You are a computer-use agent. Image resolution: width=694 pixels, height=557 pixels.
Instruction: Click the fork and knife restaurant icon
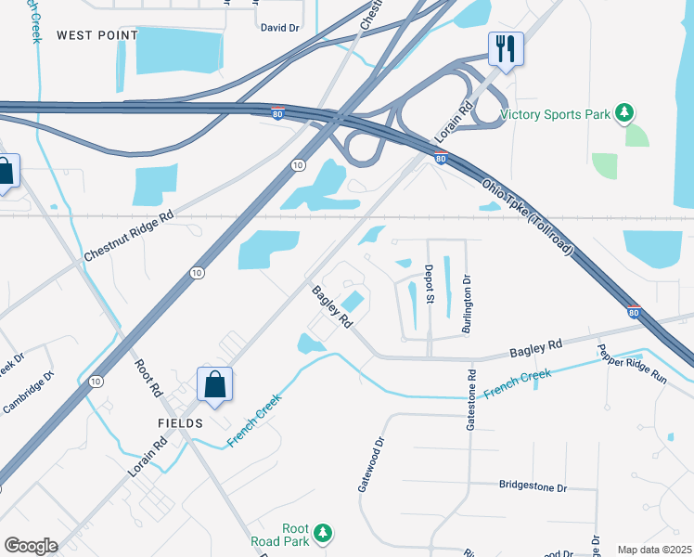click(506, 48)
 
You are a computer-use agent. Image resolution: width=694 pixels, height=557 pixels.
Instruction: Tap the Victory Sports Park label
click(555, 115)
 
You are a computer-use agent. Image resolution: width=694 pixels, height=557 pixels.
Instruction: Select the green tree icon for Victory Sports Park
click(625, 113)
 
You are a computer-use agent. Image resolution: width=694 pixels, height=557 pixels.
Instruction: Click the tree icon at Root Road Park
click(323, 533)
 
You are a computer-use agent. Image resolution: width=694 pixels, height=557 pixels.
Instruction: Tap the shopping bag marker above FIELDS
click(214, 384)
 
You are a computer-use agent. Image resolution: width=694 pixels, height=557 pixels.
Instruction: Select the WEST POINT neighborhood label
click(96, 35)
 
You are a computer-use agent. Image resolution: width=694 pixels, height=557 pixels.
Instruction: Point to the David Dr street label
click(279, 28)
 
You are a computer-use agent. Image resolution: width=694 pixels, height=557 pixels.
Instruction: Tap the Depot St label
click(430, 284)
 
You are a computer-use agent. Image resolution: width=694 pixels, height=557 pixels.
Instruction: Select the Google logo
click(32, 546)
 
